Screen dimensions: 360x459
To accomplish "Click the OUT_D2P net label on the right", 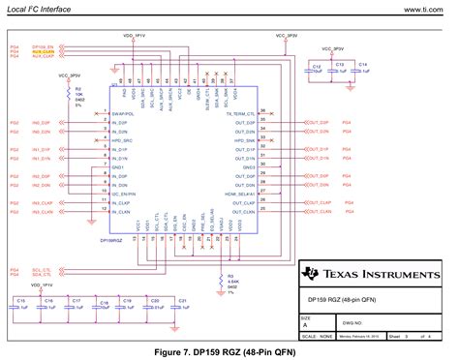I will tap(316, 123).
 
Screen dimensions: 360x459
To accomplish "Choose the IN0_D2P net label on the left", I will tap(41, 123).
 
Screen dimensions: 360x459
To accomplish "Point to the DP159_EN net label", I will tap(42, 45).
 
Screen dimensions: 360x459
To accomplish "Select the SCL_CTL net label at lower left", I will tap(42, 243).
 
